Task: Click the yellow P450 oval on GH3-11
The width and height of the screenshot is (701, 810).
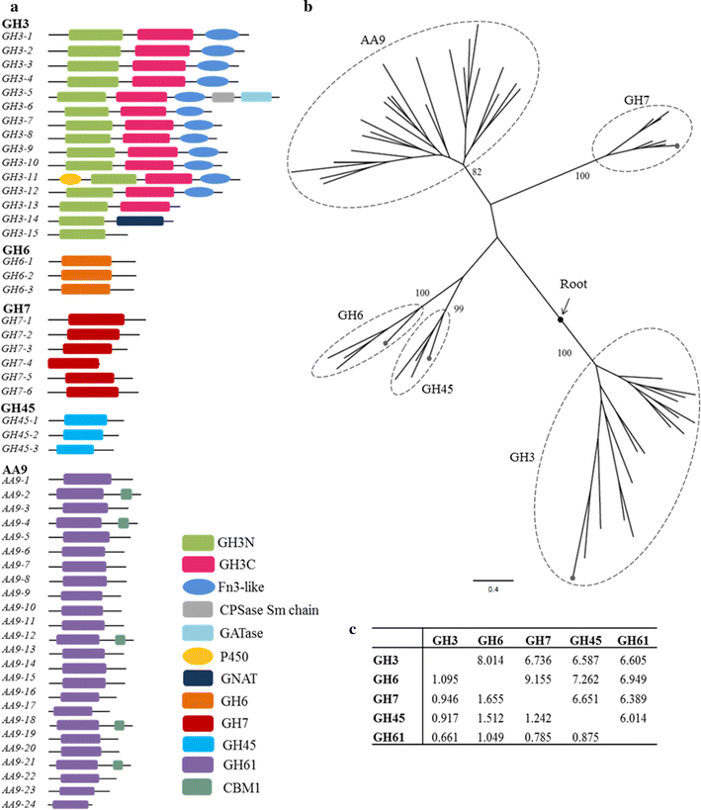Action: (x=69, y=179)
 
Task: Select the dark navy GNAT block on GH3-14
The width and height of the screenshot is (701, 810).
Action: (x=139, y=221)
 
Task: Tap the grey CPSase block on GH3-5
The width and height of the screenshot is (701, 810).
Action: (x=223, y=97)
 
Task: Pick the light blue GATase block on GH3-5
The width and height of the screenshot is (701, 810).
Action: (x=256, y=97)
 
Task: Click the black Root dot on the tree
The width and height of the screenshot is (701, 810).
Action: (x=561, y=319)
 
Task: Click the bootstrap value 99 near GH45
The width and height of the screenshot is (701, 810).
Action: (x=459, y=311)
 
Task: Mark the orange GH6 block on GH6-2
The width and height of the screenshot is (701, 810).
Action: (x=86, y=276)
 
